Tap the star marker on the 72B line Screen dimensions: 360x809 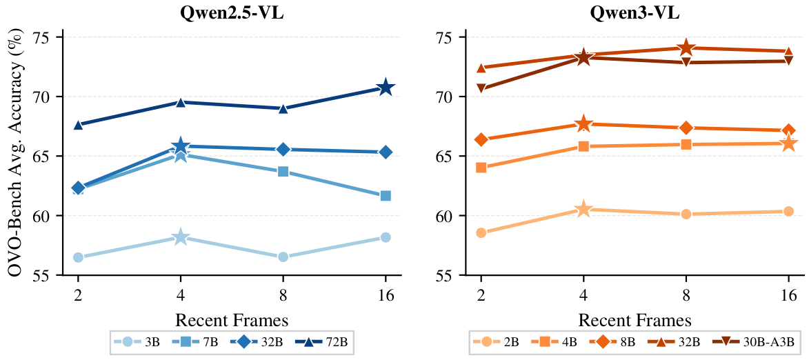coord(386,88)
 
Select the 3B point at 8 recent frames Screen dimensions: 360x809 coord(283,257)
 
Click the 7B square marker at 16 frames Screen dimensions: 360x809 coord(386,196)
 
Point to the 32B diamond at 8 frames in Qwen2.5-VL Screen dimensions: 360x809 coord(283,150)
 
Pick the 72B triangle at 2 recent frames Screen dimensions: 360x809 coord(78,124)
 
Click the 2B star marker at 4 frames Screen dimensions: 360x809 coord(583,209)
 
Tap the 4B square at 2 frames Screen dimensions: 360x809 coord(481,168)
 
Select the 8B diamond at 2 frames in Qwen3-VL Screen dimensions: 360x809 coord(481,140)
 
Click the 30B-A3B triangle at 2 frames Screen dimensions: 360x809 coord(481,88)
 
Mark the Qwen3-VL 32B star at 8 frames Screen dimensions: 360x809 coord(686,48)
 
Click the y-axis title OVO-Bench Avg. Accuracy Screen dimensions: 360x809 coord(15,156)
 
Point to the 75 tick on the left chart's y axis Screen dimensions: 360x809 coord(48,37)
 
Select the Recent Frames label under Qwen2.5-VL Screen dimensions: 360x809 coord(232,320)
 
